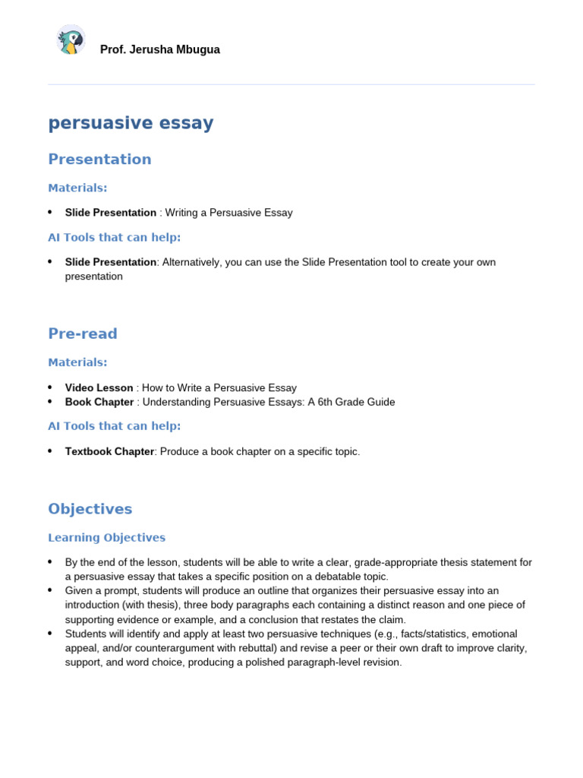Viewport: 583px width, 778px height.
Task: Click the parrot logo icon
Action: [71, 40]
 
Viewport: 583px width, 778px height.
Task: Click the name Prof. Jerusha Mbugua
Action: [159, 49]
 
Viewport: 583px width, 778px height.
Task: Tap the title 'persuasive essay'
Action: [131, 122]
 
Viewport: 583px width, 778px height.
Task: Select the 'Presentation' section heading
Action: [99, 159]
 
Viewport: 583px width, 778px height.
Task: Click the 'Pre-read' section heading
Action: [83, 334]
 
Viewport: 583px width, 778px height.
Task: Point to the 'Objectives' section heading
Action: [90, 508]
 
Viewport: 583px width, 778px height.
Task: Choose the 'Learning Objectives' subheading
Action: [106, 537]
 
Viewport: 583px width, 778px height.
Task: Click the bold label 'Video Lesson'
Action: [99, 387]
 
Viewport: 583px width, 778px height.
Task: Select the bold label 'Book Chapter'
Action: [99, 402]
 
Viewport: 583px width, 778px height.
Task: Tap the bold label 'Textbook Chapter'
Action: [110, 451]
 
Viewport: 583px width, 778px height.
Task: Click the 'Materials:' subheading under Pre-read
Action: [77, 362]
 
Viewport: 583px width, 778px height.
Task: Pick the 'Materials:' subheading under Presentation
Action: [77, 188]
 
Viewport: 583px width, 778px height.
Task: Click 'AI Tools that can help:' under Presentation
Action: [114, 237]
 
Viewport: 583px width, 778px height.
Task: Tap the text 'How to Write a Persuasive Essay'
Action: [219, 387]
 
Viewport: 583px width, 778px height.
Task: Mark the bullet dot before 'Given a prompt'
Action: [50, 590]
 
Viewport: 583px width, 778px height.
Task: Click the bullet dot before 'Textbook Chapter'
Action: [50, 451]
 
